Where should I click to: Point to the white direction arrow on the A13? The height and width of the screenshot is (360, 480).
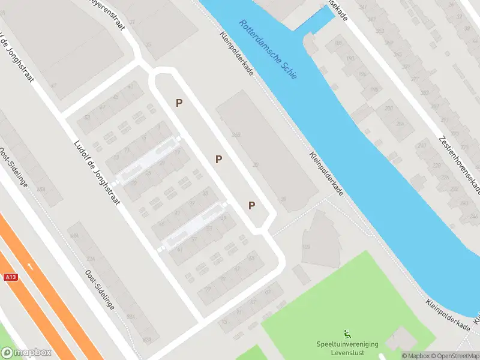tap(29, 266)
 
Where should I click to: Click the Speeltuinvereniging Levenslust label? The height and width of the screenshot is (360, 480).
tap(347, 348)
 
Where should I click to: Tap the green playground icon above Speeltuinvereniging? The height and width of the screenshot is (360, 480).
tap(347, 334)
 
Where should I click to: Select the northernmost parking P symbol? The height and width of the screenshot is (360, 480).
tap(179, 103)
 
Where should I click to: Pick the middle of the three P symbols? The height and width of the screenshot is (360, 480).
tap(219, 159)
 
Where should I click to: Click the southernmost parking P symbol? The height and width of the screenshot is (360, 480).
tap(252, 206)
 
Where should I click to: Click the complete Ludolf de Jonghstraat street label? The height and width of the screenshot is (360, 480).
tap(97, 172)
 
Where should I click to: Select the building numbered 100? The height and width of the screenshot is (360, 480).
tap(305, 247)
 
